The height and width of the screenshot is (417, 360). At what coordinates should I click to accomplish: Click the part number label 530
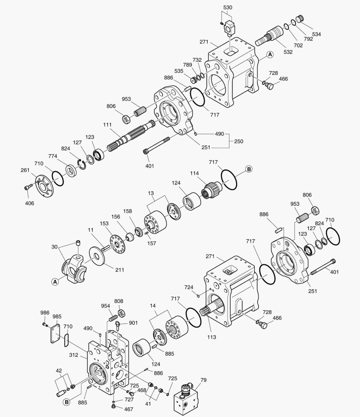click(x=228, y=8)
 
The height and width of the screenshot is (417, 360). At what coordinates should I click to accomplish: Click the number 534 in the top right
click(x=316, y=34)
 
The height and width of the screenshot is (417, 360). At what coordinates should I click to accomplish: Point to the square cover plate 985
click(x=56, y=331)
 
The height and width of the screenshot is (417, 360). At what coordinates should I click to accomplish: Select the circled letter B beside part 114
click(x=249, y=169)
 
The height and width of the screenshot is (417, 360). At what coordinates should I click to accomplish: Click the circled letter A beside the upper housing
click(x=270, y=54)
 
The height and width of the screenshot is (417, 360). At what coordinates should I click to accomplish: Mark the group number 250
click(x=238, y=141)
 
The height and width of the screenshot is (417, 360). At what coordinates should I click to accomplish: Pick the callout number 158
click(x=127, y=212)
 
